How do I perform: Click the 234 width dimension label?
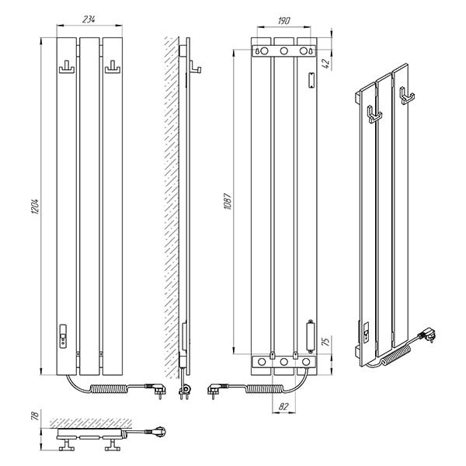pos(89,19)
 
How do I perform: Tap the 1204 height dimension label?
pos(35,207)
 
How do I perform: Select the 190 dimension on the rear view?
pos(283,21)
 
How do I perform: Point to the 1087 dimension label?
pos(228,201)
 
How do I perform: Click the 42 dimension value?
pos(326,64)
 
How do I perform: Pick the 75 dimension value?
pos(326,342)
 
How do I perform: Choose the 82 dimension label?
pos(283,406)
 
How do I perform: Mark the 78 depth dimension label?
pos(35,416)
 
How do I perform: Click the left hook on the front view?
pos(67,67)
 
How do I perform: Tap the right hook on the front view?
pos(113,67)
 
